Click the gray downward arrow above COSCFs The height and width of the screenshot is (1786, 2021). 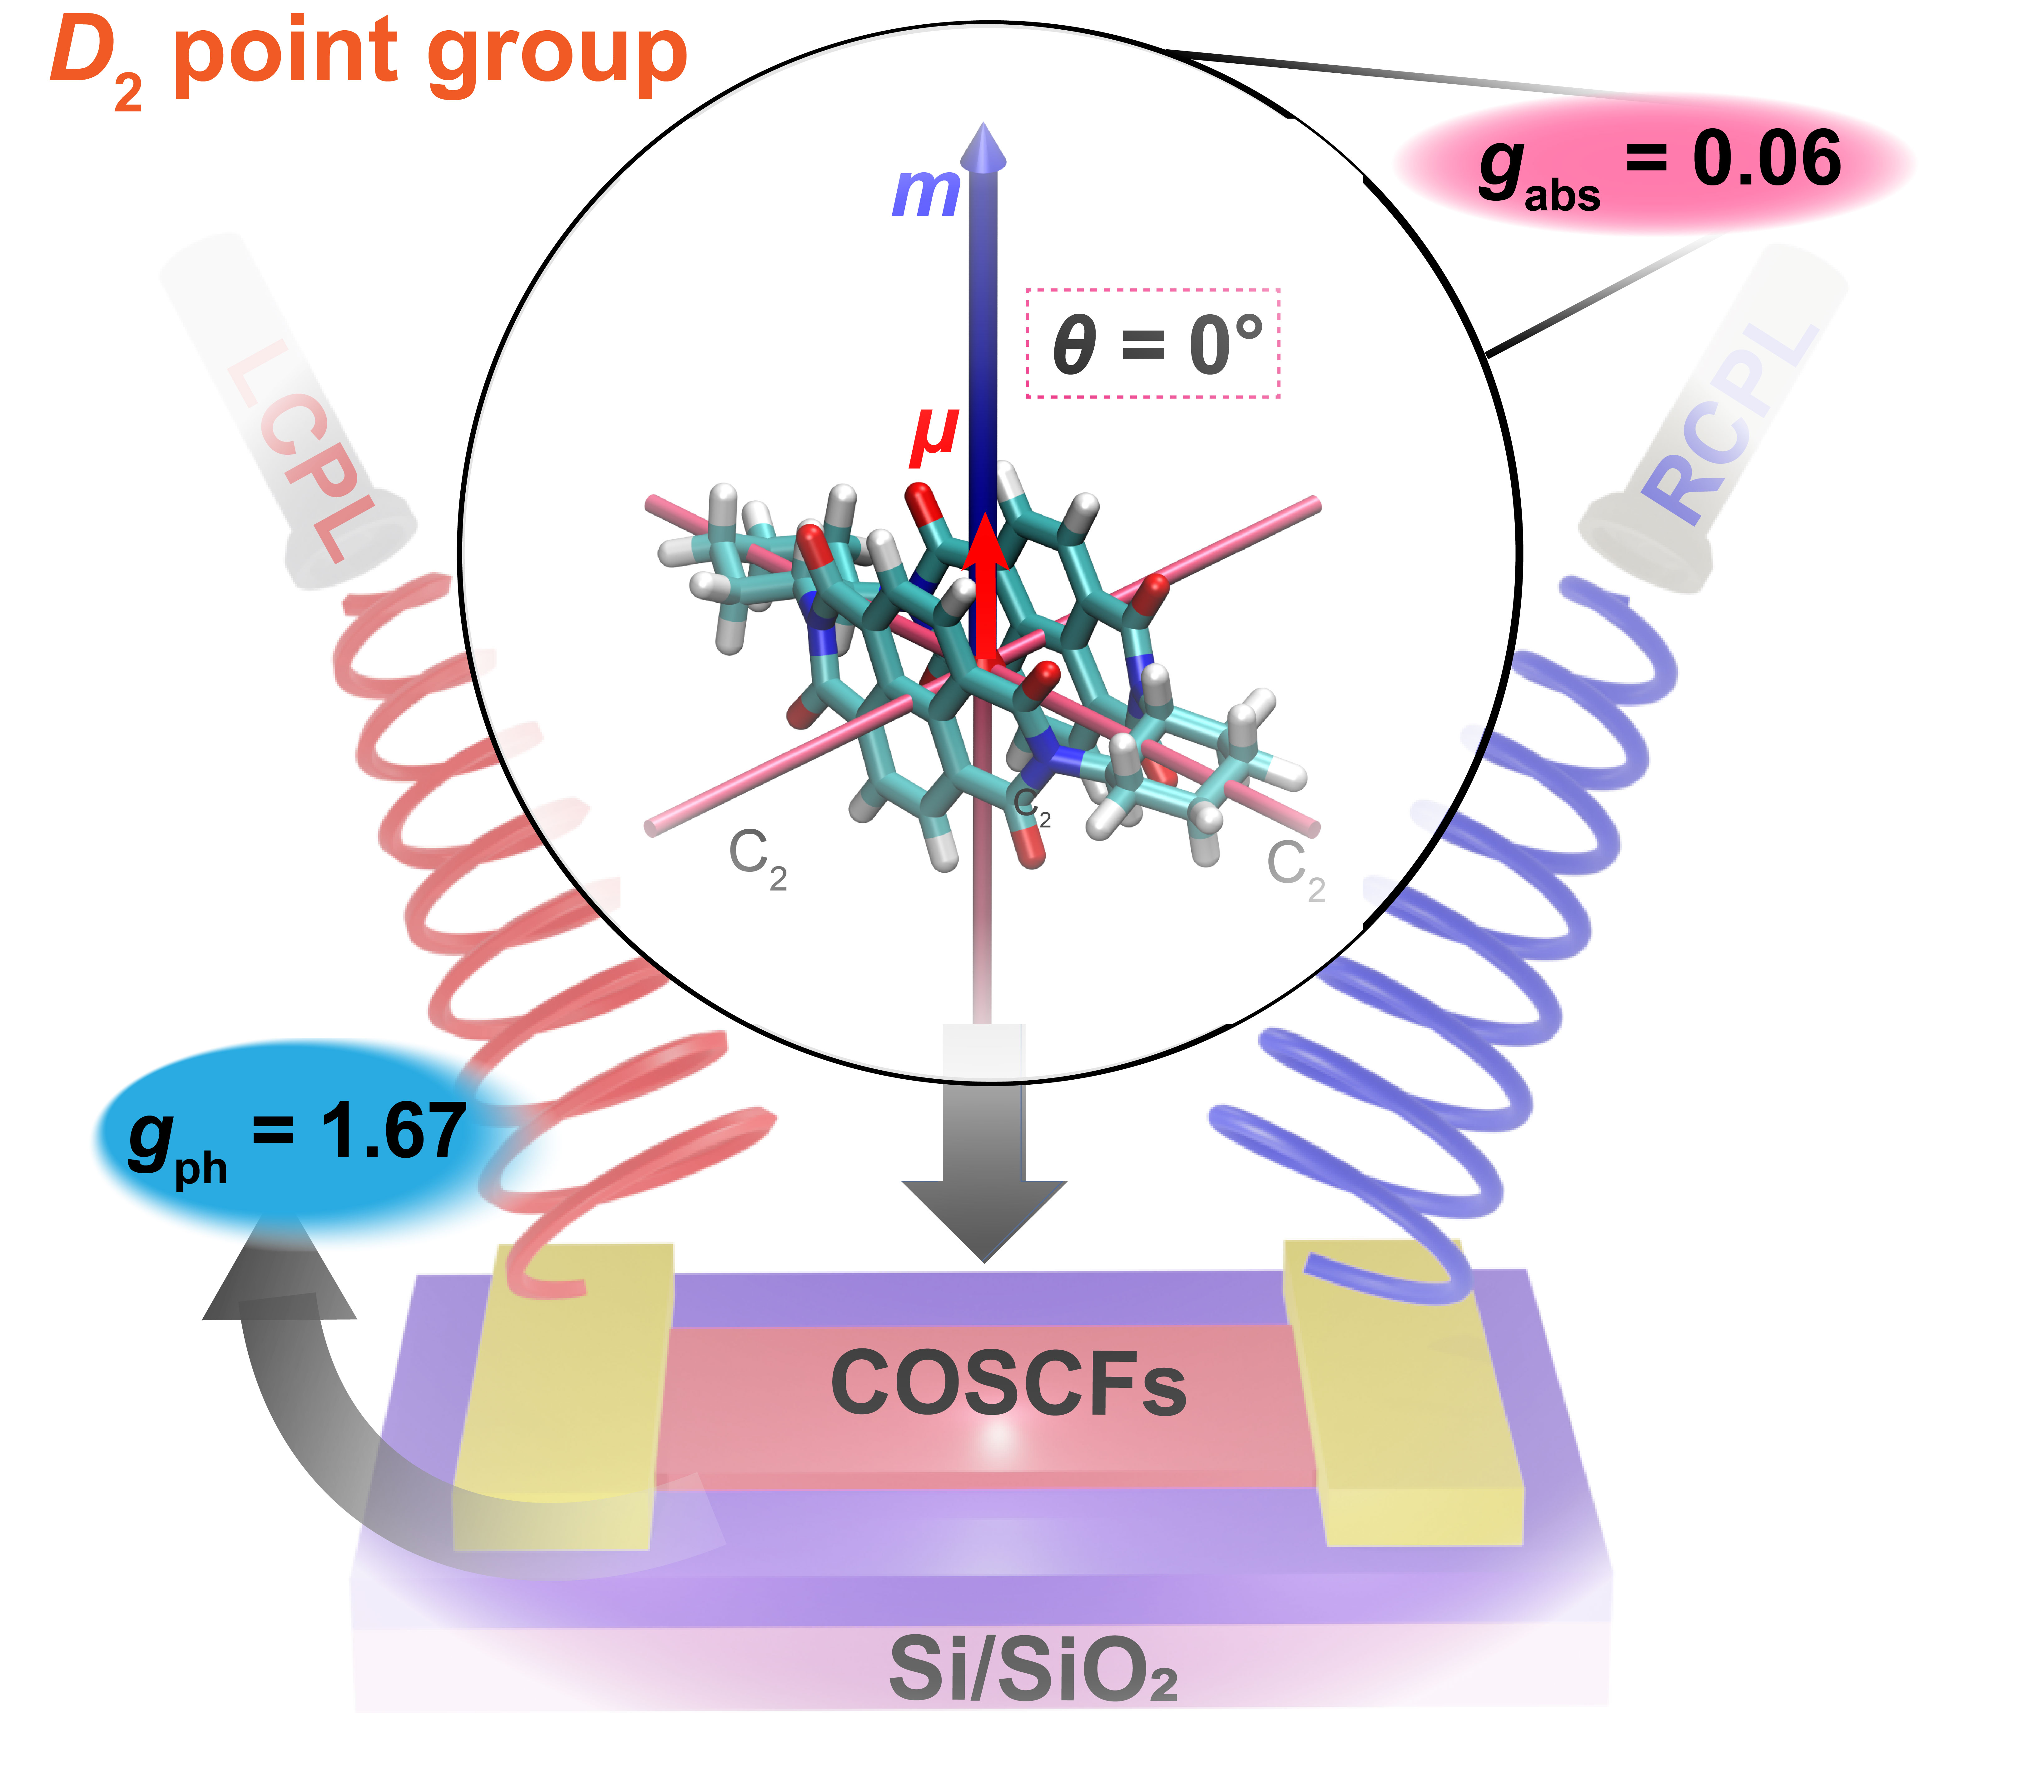(x=984, y=1156)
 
